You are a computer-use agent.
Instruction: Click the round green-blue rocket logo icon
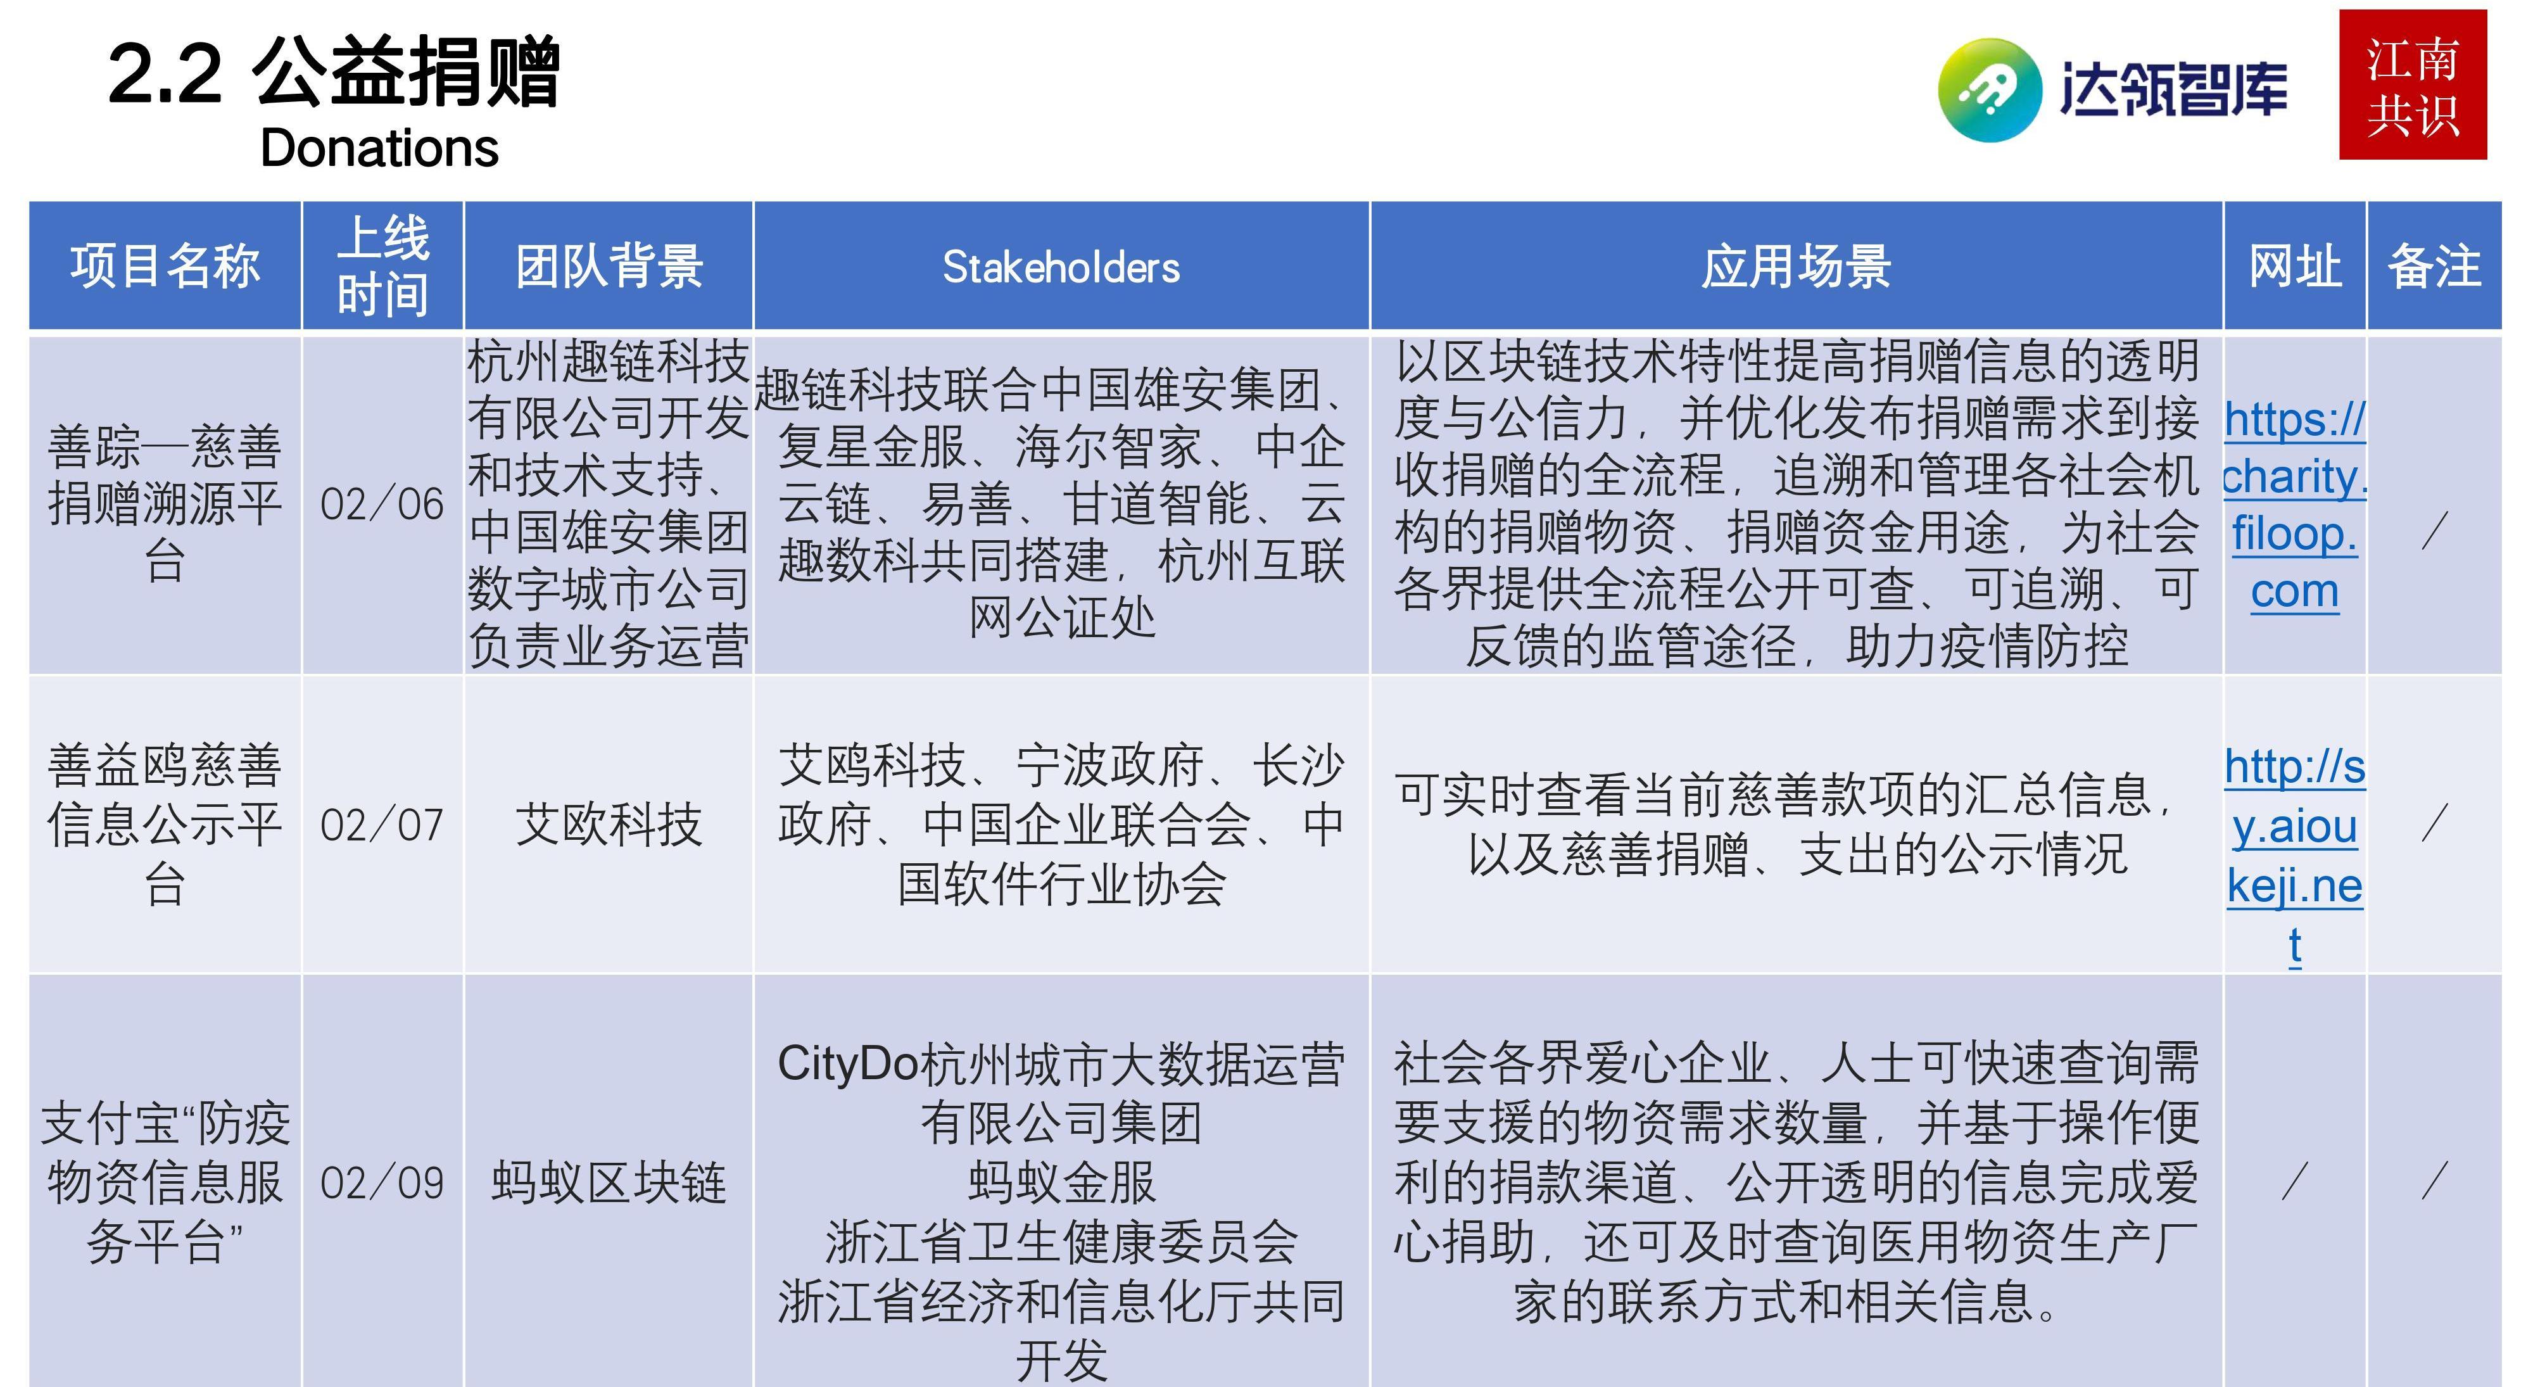click(x=1988, y=89)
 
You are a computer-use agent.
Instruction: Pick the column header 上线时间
click(x=382, y=265)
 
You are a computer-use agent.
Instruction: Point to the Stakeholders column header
click(x=1061, y=267)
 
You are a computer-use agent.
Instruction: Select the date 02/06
click(x=382, y=505)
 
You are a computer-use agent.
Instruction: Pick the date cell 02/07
click(x=382, y=825)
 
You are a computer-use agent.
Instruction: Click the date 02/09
click(x=382, y=1183)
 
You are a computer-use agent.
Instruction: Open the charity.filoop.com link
click(x=2295, y=505)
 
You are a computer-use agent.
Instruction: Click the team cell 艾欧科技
click(x=610, y=825)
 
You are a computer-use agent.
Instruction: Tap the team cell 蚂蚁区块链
click(x=610, y=1182)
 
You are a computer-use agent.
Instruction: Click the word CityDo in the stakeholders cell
click(x=848, y=1065)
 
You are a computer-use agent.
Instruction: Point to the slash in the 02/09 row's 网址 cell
click(x=2294, y=1181)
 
